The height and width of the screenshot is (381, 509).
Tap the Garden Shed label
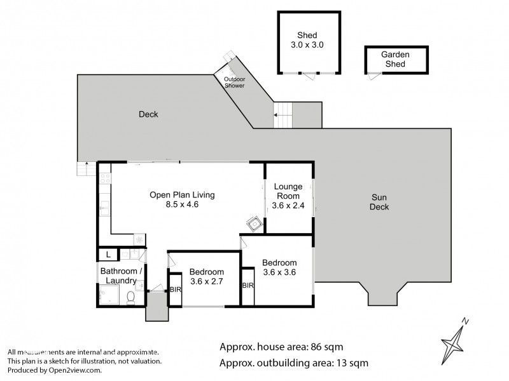(x=394, y=60)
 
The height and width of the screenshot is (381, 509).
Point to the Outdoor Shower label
(x=234, y=82)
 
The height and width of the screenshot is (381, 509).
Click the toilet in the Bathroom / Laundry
(x=131, y=297)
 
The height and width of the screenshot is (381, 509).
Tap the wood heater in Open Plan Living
(x=253, y=223)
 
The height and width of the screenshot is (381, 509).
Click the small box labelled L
(x=109, y=255)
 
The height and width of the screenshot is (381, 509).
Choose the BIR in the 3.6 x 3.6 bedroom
(x=248, y=286)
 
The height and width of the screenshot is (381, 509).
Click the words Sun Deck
(x=380, y=202)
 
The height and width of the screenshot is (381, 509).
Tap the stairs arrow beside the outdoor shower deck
(x=276, y=116)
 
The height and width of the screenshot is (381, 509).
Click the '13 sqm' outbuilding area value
(x=349, y=363)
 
